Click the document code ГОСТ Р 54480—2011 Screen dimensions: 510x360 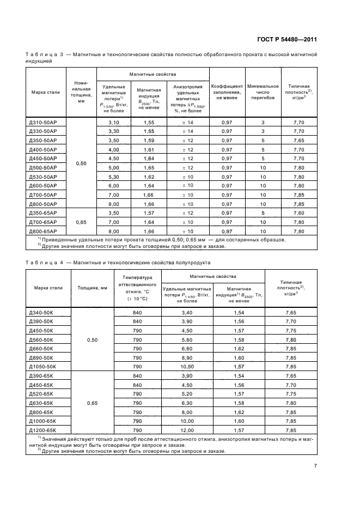tap(286, 39)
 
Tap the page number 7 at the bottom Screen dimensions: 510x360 tap(315, 465)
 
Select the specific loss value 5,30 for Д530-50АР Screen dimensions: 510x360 tap(113, 177)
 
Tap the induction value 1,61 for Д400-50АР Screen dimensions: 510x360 tap(149, 150)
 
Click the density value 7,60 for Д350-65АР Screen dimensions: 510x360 tap(298, 213)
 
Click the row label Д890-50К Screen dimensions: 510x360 tap(44, 358)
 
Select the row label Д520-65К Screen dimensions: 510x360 tap(44, 394)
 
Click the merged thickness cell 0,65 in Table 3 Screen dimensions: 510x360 tap(81, 222)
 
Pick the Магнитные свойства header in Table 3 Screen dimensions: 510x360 tap(153, 74)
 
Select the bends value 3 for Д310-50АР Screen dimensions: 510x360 tap(263, 123)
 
